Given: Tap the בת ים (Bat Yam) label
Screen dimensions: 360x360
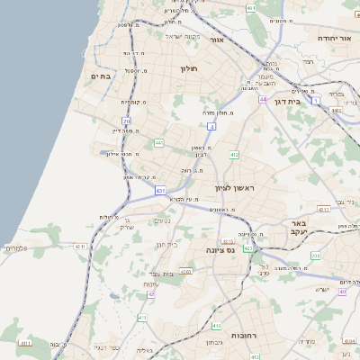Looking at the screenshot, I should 100,76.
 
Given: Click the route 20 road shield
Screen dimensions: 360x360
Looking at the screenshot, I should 127,120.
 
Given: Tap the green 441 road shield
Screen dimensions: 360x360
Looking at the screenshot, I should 159,142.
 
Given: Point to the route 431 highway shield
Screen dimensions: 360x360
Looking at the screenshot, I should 160,191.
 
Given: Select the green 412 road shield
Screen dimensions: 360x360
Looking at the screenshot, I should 234,155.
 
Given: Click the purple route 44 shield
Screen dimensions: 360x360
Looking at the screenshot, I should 263,99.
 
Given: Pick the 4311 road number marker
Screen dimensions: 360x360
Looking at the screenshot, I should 80,245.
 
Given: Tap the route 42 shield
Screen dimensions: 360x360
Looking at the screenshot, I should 151,293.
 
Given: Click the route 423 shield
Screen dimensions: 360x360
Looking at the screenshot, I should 247,247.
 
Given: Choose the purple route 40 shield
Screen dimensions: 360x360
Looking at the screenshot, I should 342,292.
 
